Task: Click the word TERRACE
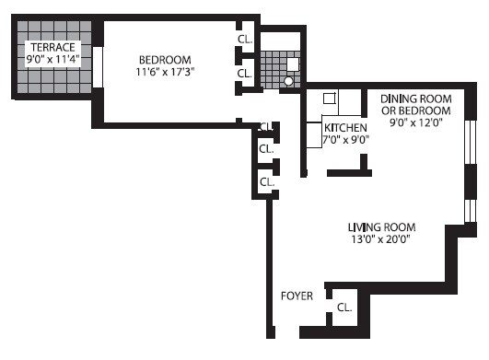tap(52, 48)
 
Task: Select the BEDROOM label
tap(166, 55)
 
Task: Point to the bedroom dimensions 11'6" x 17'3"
tap(166, 71)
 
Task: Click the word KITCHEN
tap(345, 127)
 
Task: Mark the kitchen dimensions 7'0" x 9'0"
tap(345, 141)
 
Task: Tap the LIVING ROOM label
tap(381, 226)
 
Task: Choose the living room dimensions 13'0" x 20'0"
tap(381, 239)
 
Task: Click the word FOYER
tap(297, 296)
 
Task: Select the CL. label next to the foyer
tap(345, 308)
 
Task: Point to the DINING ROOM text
tap(411, 95)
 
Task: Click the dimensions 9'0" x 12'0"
tap(411, 122)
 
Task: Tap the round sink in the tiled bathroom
tap(288, 81)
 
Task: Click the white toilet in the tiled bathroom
tap(293, 64)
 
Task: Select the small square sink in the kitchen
tap(329, 98)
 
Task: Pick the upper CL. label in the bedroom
tap(245, 39)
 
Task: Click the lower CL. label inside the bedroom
tap(245, 73)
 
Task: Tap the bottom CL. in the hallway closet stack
tap(266, 181)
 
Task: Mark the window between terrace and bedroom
tap(98, 69)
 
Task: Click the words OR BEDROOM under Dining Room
tap(411, 109)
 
